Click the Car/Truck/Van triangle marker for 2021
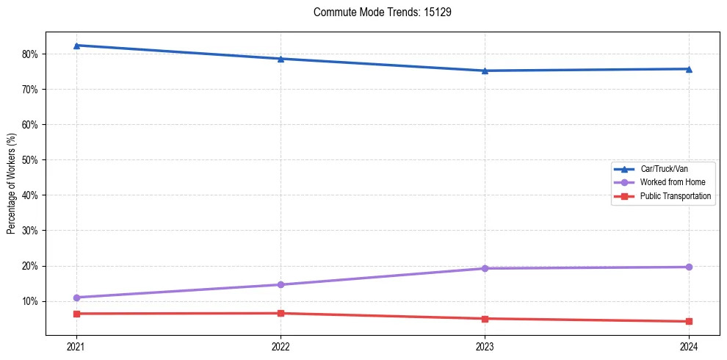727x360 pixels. pos(76,46)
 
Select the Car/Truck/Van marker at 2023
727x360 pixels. pos(485,71)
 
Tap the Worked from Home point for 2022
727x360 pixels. pos(281,284)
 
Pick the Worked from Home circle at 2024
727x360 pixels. pos(689,267)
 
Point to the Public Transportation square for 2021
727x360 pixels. pos(76,314)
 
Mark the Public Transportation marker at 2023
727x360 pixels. pos(485,319)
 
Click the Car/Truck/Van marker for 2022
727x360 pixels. pos(281,59)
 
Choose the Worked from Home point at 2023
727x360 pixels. pos(485,268)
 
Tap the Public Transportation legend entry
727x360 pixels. pos(676,196)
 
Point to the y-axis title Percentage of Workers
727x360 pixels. pos(12,184)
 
